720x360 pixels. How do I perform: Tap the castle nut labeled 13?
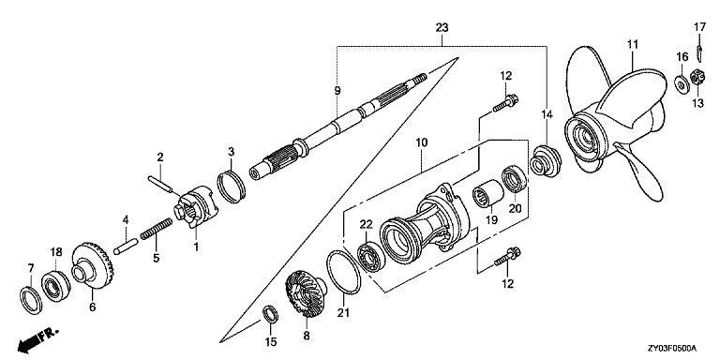[x=697, y=77]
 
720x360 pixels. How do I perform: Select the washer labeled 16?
[x=682, y=83]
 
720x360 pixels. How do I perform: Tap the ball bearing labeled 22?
[x=371, y=258]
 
